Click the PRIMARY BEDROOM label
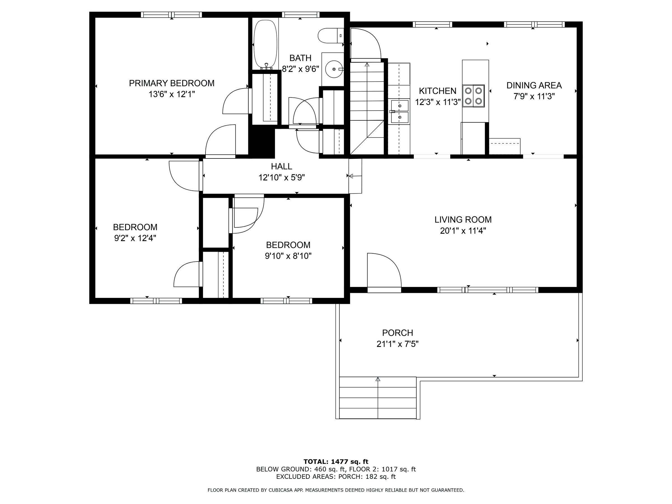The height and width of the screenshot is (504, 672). (172, 83)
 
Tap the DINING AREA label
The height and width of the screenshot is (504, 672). (534, 85)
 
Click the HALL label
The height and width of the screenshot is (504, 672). (282, 167)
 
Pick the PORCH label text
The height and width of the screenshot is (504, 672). (397, 333)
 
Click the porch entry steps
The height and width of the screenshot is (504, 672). (378, 398)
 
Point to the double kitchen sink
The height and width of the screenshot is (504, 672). (400, 111)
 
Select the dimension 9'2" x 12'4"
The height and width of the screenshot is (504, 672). (135, 238)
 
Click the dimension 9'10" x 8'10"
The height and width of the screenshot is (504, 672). (288, 256)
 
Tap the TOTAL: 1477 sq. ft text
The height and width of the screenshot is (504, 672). (336, 462)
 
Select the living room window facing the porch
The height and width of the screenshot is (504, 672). (487, 290)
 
